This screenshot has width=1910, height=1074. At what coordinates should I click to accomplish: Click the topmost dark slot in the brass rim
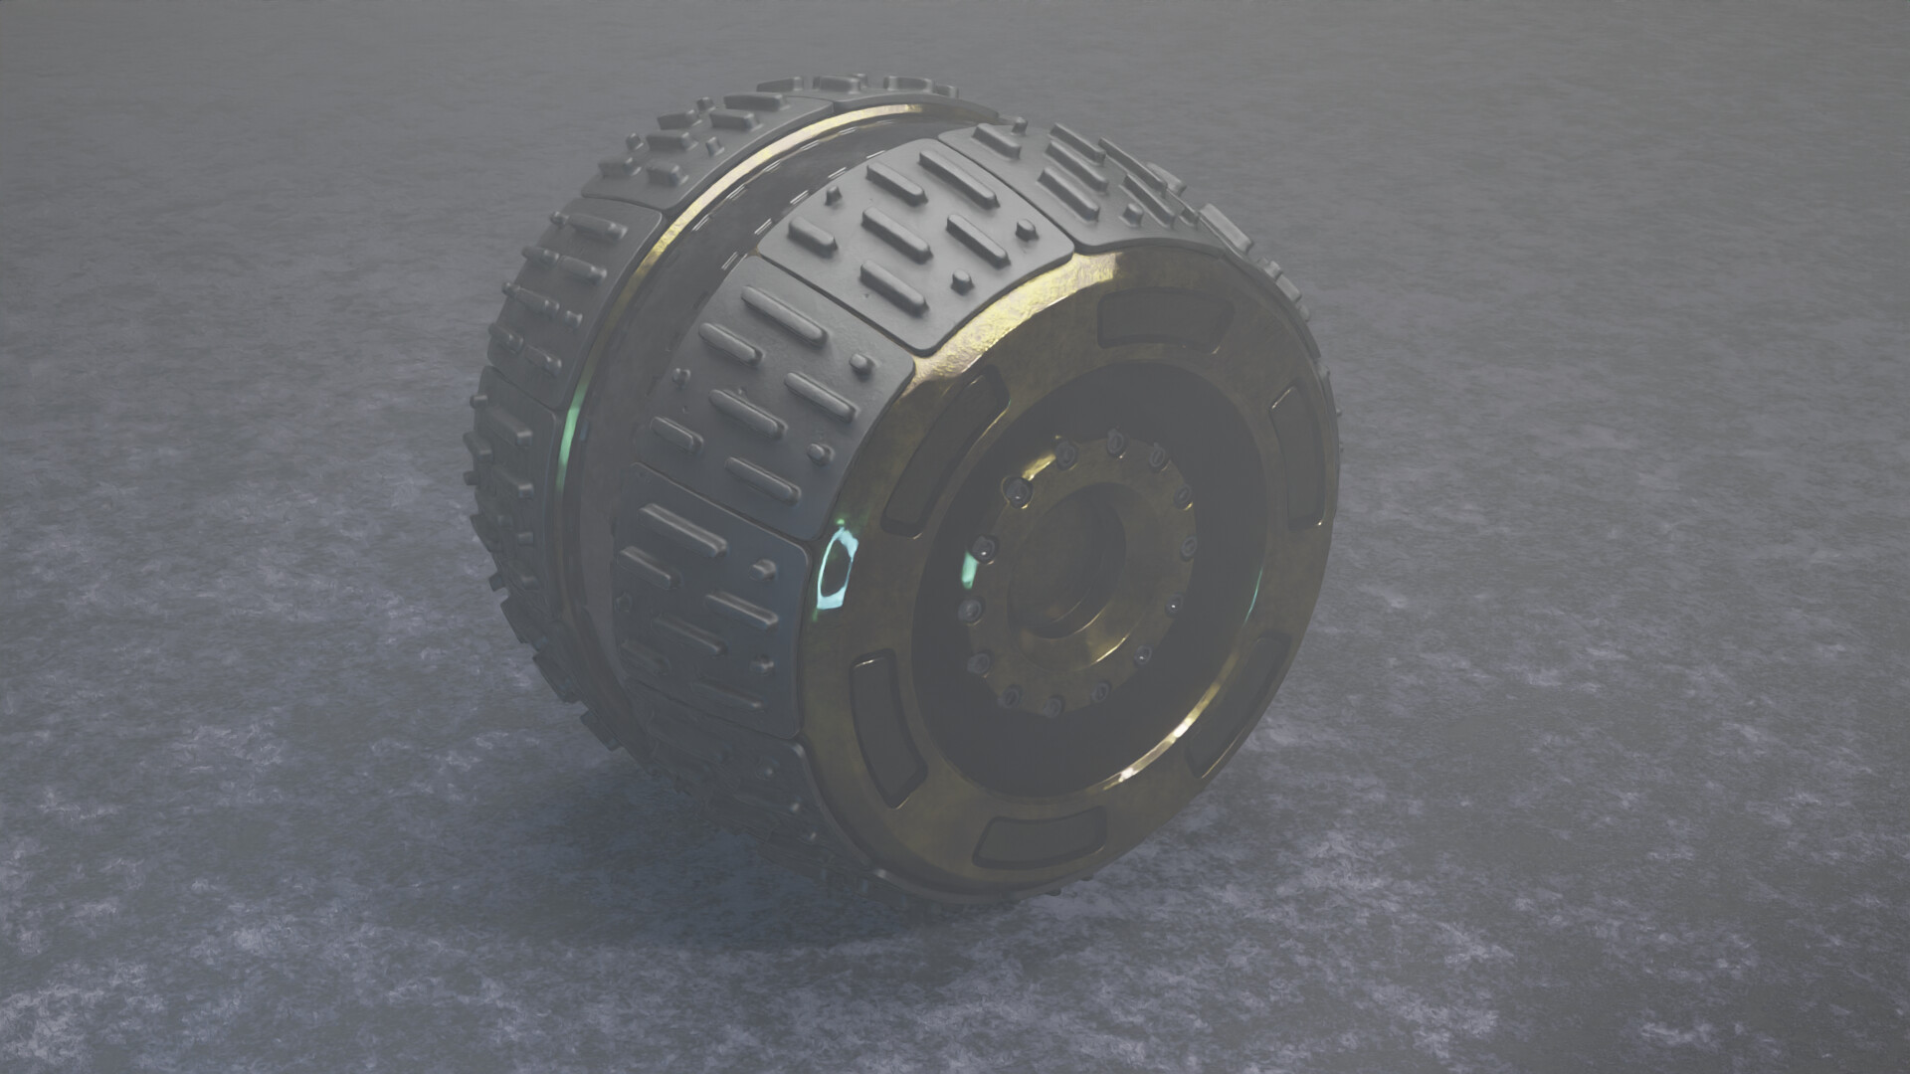1164,319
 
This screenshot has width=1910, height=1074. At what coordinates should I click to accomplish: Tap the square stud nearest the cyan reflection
764,570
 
